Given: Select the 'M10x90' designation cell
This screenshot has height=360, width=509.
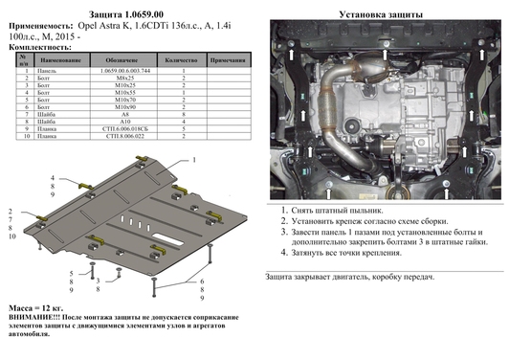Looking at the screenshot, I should [113, 106].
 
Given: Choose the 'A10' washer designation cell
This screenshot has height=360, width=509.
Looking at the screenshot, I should [113, 124].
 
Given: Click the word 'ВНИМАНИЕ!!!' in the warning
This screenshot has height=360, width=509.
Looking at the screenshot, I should [34, 315].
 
